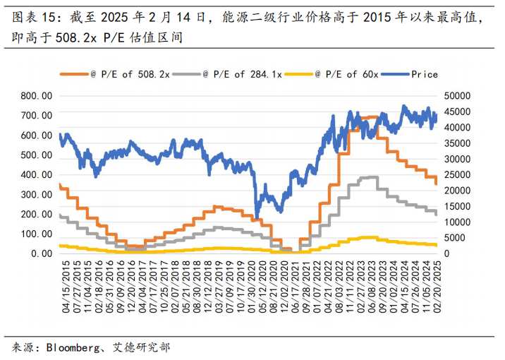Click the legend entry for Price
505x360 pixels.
coord(425,74)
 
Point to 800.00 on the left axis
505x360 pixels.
coord(37,95)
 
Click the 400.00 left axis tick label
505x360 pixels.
coord(37,174)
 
